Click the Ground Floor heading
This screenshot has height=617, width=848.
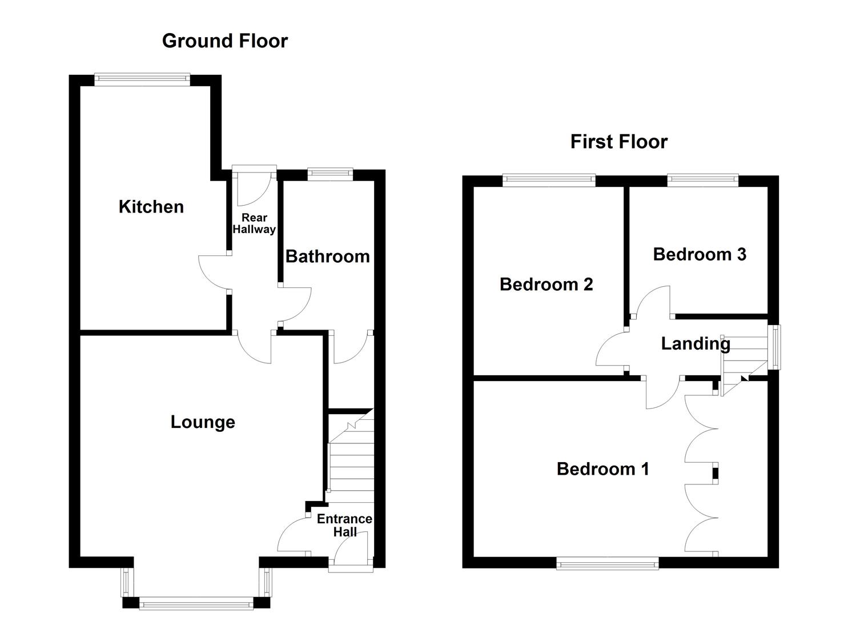coord(224,41)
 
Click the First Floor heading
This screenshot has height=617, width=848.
coord(618,142)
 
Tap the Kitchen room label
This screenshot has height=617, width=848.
coord(151,206)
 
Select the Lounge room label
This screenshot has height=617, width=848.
coord(203,422)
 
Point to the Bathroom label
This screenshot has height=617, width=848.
coord(327,257)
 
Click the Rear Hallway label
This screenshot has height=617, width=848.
coord(254,223)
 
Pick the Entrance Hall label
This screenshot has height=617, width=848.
coord(344,525)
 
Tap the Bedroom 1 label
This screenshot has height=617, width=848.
coord(602,469)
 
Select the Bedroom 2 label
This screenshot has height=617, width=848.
coord(546,284)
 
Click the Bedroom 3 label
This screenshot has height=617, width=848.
coord(699,254)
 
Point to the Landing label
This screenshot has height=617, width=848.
coord(695,343)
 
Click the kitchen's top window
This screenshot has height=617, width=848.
coord(142,79)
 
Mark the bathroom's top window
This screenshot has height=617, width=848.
coord(329,174)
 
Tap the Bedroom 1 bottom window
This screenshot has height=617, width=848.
coord(607,563)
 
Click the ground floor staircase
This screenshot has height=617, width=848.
coord(351,457)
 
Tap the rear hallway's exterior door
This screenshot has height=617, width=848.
coord(254,170)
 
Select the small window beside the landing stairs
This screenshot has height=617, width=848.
coord(774,347)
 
